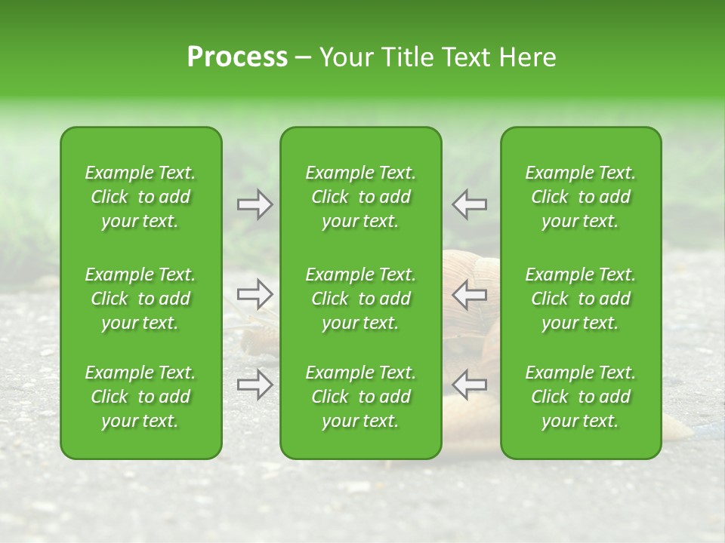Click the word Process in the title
pyautogui.click(x=237, y=57)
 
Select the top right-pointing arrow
pyautogui.click(x=255, y=204)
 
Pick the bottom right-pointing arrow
pyautogui.click(x=255, y=385)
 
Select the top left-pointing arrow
pyautogui.click(x=469, y=204)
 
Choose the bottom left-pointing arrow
pyautogui.click(x=469, y=385)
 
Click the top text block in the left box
pyautogui.click(x=140, y=197)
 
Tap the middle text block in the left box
pyautogui.click(x=140, y=299)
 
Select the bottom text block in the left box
pyautogui.click(x=140, y=397)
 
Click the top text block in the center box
pyautogui.click(x=360, y=197)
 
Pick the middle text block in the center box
pyautogui.click(x=360, y=299)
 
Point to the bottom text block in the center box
pyautogui.click(x=360, y=397)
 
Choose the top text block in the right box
pyautogui.click(x=581, y=197)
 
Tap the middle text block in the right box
pyautogui.click(x=581, y=299)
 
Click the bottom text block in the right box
pyautogui.click(x=581, y=397)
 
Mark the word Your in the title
pyautogui.click(x=344, y=57)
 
